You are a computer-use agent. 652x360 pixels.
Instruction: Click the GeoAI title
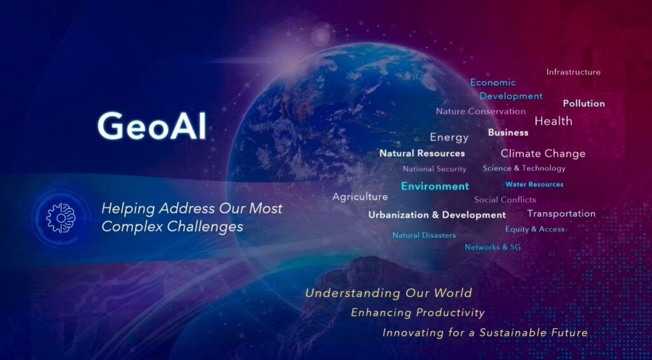(152, 126)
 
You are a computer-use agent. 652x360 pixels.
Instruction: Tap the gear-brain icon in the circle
(60, 218)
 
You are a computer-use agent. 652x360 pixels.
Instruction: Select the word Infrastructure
(574, 72)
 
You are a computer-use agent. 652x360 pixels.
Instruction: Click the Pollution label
(584, 103)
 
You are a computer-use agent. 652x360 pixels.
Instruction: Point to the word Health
(553, 121)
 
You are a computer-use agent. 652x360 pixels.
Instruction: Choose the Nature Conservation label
(481, 111)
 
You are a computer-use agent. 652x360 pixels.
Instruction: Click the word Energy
(449, 137)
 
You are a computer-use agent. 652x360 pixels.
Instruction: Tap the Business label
(508, 133)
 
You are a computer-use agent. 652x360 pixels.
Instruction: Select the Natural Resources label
(422, 153)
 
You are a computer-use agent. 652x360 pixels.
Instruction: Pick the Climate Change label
(543, 154)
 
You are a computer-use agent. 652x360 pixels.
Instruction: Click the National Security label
(434, 169)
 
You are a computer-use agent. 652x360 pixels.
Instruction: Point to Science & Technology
(524, 168)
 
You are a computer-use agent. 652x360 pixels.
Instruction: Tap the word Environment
(435, 186)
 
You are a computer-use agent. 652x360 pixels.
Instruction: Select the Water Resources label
(534, 184)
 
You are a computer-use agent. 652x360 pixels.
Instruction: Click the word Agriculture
(360, 197)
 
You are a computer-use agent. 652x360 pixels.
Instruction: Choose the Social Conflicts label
(505, 199)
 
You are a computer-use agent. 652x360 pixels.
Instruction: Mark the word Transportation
(562, 213)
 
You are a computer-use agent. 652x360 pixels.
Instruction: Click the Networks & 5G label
(493, 247)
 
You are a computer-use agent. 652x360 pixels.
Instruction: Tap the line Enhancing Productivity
(418, 313)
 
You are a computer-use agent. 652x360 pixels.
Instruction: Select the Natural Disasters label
(424, 235)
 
